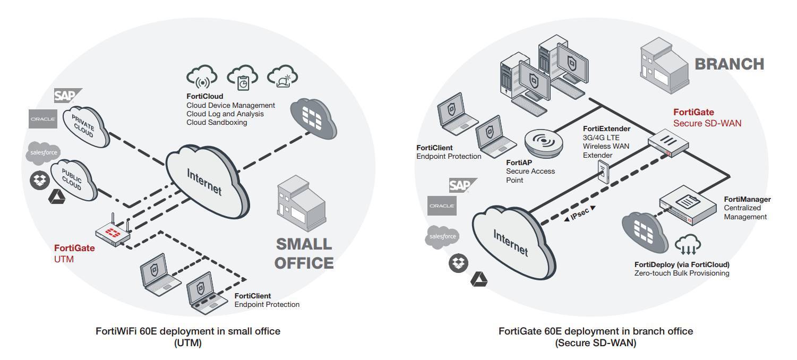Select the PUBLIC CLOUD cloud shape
click(x=74, y=179)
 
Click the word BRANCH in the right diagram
click(x=729, y=64)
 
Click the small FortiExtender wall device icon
click(x=604, y=172)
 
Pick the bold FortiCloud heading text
click(x=204, y=97)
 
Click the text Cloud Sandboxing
click(x=216, y=122)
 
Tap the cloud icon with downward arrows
click(x=688, y=246)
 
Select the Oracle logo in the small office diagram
click(x=42, y=119)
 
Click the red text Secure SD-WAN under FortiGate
click(x=707, y=123)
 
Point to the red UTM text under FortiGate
click(x=64, y=259)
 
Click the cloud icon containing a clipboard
click(x=242, y=78)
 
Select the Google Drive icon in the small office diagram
click(x=57, y=198)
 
